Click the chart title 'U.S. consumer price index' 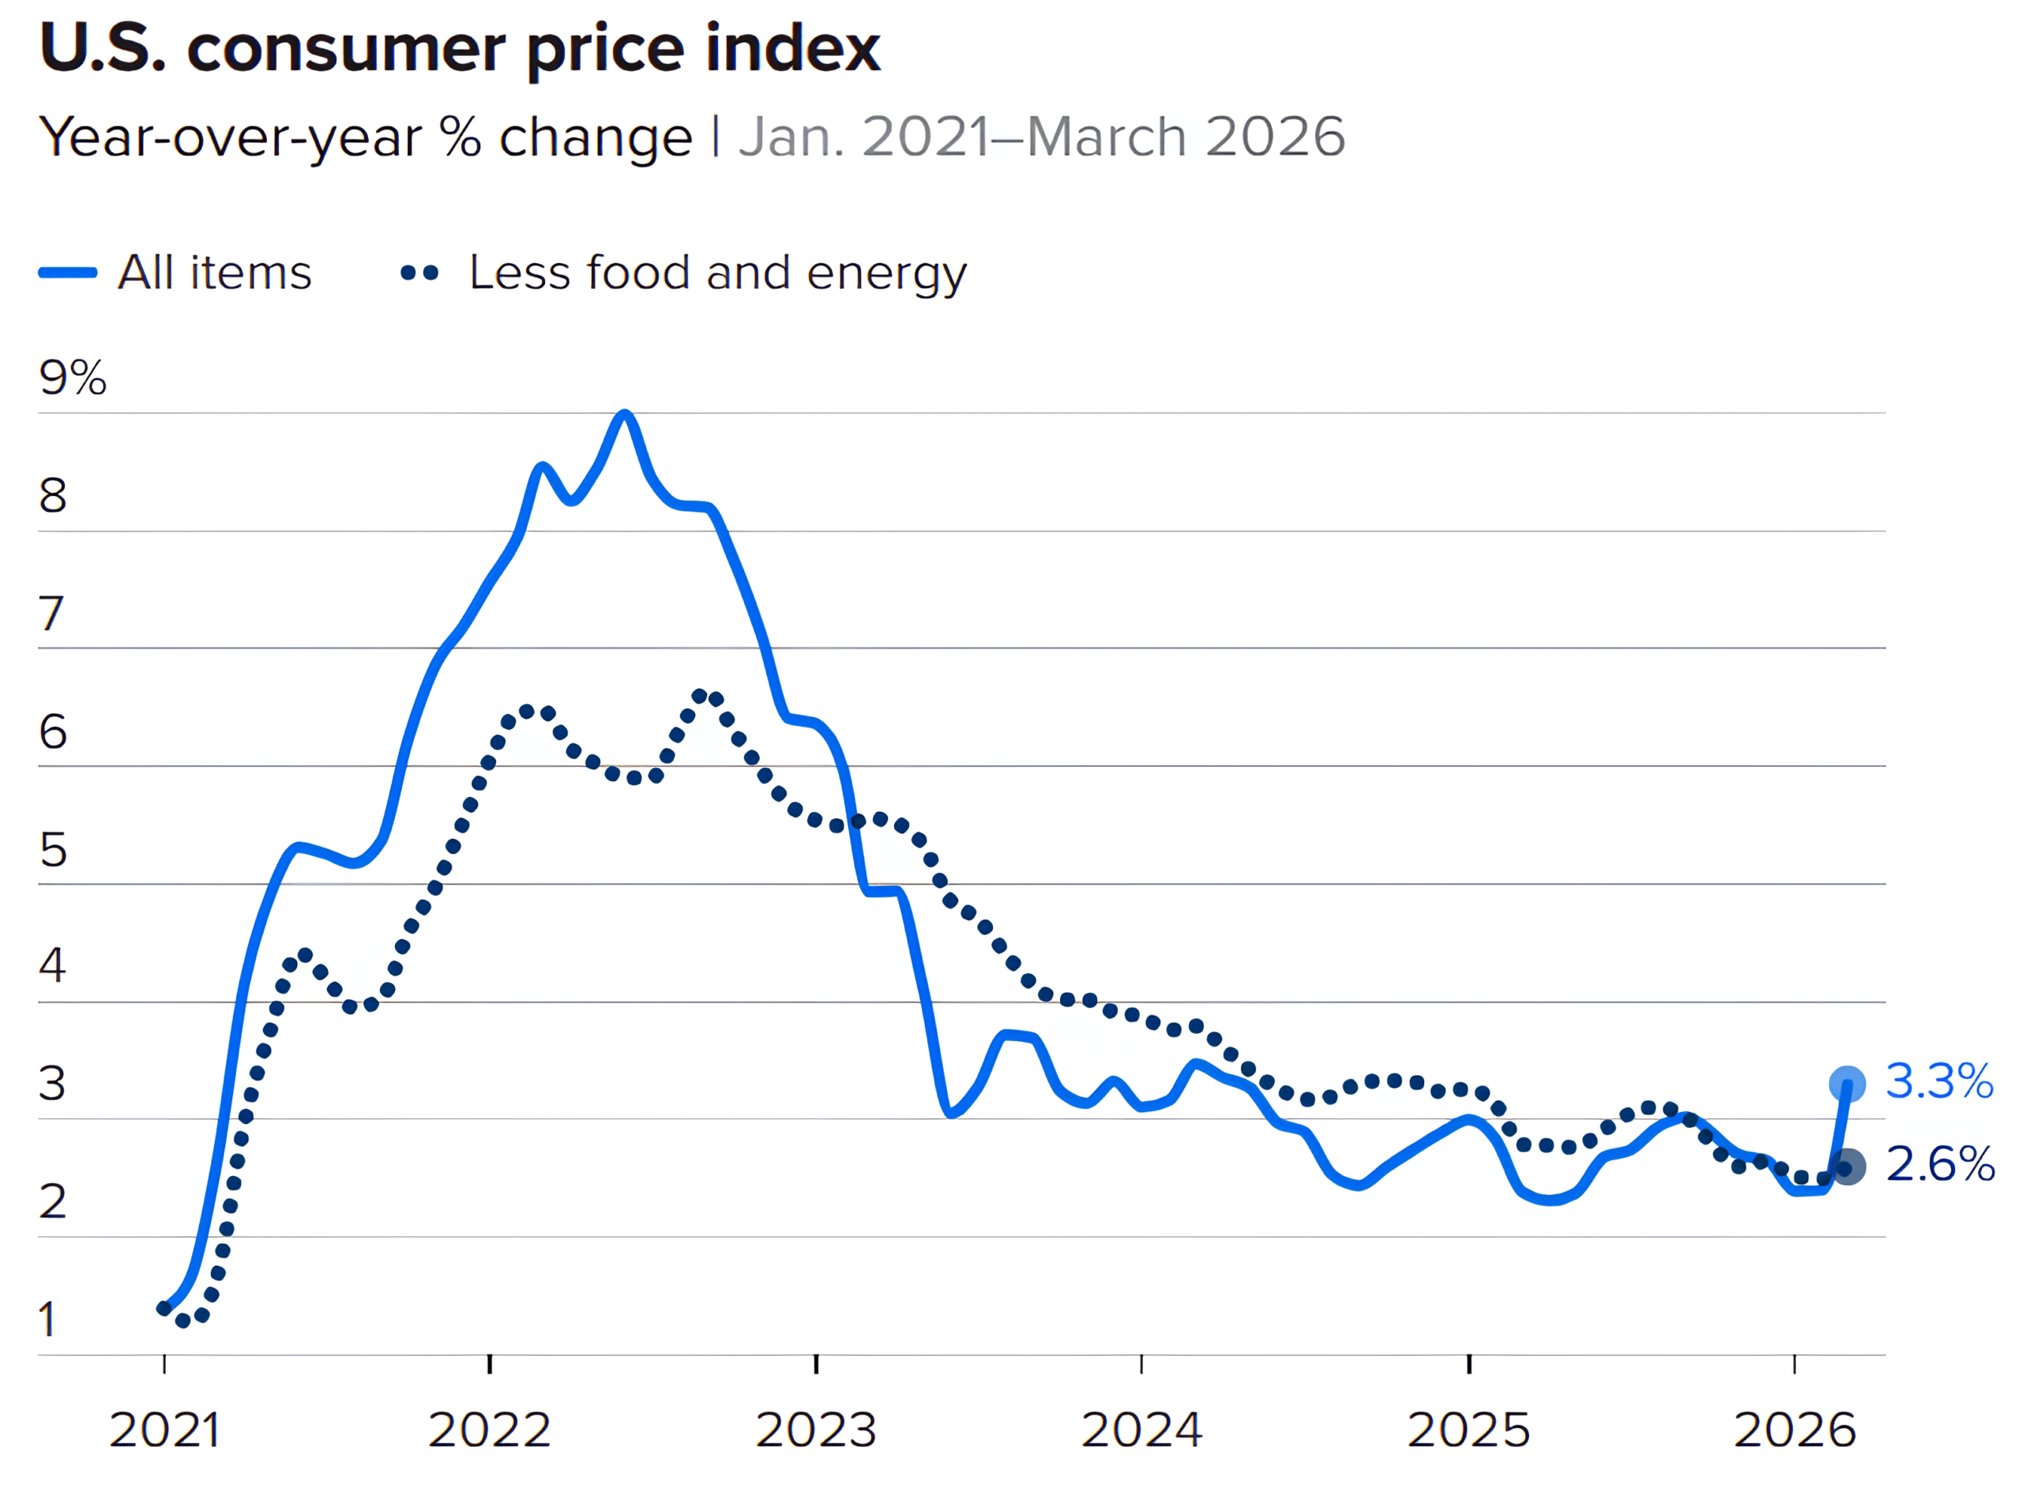coord(460,49)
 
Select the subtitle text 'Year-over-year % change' coord(366,137)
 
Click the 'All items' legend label coord(215,272)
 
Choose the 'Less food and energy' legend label coord(718,272)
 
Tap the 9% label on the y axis coord(72,378)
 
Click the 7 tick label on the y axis coord(51,614)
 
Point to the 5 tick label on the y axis coord(52,850)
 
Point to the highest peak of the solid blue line coord(624,415)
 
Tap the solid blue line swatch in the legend coord(68,272)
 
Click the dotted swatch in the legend coord(420,272)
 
